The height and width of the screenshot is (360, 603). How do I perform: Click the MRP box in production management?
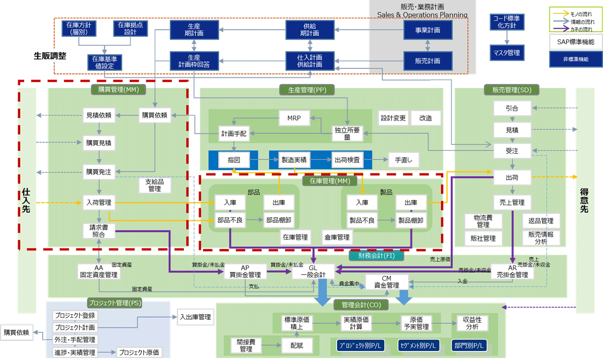click(294, 118)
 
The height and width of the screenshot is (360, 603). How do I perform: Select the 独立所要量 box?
click(347, 134)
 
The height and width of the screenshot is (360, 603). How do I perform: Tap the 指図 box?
click(234, 160)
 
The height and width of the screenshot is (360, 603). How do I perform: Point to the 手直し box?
click(403, 160)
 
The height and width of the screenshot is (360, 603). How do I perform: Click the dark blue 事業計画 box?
click(428, 30)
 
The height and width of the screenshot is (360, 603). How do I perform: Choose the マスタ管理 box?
click(507, 52)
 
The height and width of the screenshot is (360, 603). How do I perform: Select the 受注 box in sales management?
click(512, 150)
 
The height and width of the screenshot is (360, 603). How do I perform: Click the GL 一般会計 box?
click(313, 272)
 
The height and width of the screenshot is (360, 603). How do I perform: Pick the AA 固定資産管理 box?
click(98, 272)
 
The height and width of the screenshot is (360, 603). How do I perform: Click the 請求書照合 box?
click(98, 230)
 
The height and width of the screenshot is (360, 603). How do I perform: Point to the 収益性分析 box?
click(472, 323)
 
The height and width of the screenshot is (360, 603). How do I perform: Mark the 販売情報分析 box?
click(541, 237)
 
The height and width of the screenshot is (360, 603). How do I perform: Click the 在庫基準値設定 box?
click(105, 62)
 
